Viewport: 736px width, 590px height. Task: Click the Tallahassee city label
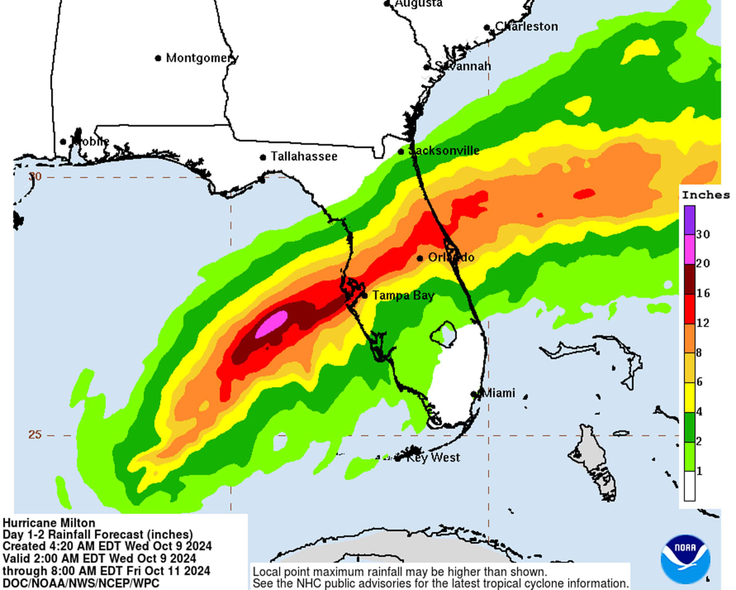click(304, 157)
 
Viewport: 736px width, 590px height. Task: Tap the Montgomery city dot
click(158, 58)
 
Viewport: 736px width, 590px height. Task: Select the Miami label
click(499, 393)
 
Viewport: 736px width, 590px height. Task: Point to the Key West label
click(433, 457)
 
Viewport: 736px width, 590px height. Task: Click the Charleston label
click(526, 27)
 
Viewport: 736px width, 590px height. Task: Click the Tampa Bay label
click(403, 295)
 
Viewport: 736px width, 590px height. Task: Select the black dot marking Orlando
click(420, 258)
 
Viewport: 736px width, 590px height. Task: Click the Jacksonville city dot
click(401, 151)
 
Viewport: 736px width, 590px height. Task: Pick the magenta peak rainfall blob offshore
click(271, 324)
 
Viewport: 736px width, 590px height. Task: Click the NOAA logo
click(685, 559)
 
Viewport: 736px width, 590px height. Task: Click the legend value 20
click(703, 263)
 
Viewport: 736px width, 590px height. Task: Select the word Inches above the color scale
click(705, 195)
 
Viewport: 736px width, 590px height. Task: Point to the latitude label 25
click(35, 434)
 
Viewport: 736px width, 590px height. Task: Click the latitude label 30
click(35, 176)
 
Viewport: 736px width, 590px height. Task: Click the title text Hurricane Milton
click(49, 523)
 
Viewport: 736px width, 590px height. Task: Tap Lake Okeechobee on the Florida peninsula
click(443, 334)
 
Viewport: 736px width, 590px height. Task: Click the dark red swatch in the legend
click(689, 279)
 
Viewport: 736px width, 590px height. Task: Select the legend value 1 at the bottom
click(699, 471)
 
